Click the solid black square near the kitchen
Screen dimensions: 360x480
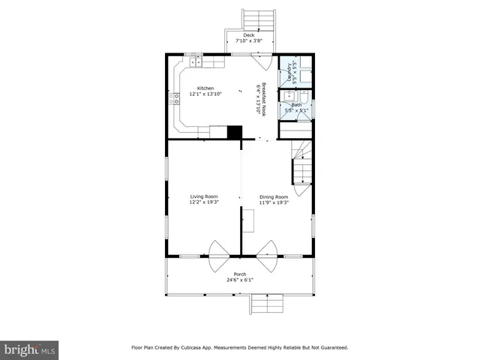click(235, 132)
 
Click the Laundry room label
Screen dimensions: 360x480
click(289, 73)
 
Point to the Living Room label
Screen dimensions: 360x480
click(203, 196)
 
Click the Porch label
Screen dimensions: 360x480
click(239, 274)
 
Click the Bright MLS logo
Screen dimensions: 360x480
click(30, 349)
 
